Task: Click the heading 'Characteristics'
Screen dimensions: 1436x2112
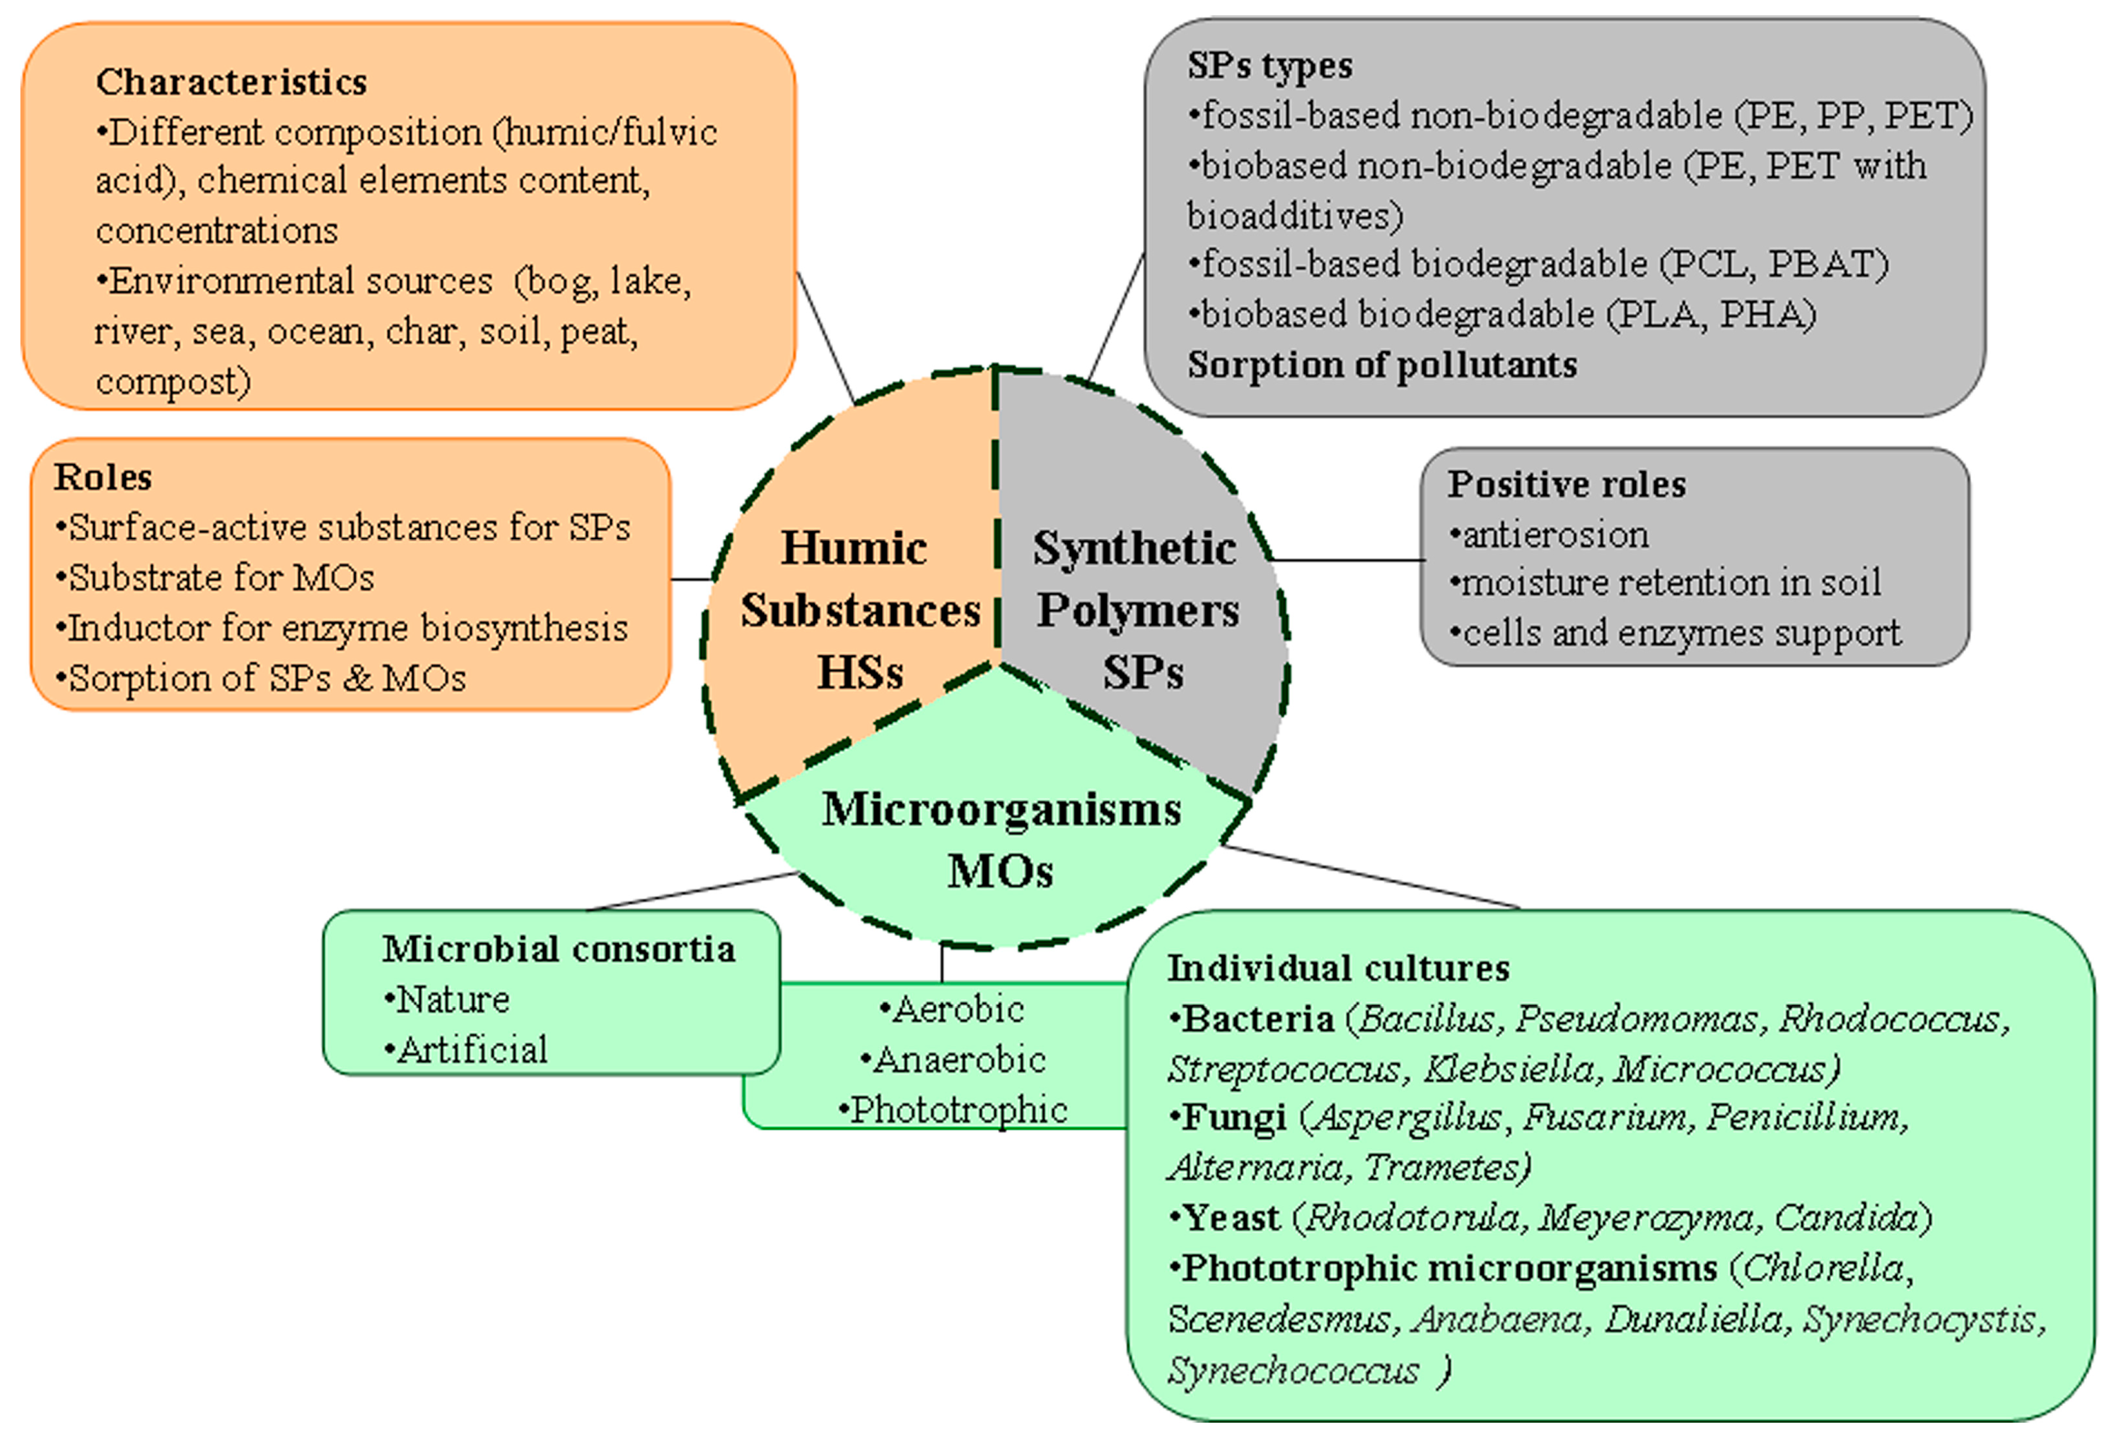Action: click(x=231, y=82)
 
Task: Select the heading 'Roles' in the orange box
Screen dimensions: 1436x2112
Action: click(x=103, y=477)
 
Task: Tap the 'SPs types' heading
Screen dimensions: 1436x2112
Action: click(x=1269, y=65)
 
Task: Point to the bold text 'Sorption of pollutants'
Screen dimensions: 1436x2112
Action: click(x=1381, y=365)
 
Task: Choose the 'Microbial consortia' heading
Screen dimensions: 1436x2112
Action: click(x=558, y=949)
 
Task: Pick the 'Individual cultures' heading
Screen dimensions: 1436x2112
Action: click(x=1338, y=968)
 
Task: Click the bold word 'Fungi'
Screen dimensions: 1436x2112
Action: click(x=1233, y=1117)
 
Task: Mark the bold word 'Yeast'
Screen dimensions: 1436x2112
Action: click(x=1231, y=1218)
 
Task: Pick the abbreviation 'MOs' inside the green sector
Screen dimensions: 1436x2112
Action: click(x=1000, y=871)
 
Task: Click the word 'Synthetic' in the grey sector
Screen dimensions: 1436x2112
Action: click(x=1134, y=548)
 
